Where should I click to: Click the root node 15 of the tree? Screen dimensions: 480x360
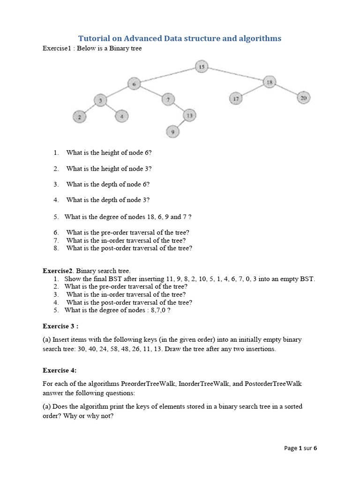point(202,67)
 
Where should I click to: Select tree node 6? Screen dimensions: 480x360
point(134,84)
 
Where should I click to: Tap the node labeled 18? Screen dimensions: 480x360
point(270,82)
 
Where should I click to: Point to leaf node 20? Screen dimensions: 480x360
point(303,97)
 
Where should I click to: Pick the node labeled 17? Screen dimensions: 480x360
point(236,98)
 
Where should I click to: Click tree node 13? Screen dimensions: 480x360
point(189,115)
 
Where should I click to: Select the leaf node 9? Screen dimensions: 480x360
point(173,132)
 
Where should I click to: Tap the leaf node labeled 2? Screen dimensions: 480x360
point(80,117)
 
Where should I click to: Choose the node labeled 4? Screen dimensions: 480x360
point(121,115)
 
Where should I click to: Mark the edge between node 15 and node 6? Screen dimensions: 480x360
point(168,75)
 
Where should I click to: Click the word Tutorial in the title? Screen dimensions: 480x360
point(93,38)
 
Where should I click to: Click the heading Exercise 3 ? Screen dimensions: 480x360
point(60,326)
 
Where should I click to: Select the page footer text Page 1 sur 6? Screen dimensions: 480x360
point(300,448)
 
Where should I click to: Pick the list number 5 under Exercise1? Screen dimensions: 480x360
point(56,217)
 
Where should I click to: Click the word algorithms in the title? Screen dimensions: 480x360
point(259,38)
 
